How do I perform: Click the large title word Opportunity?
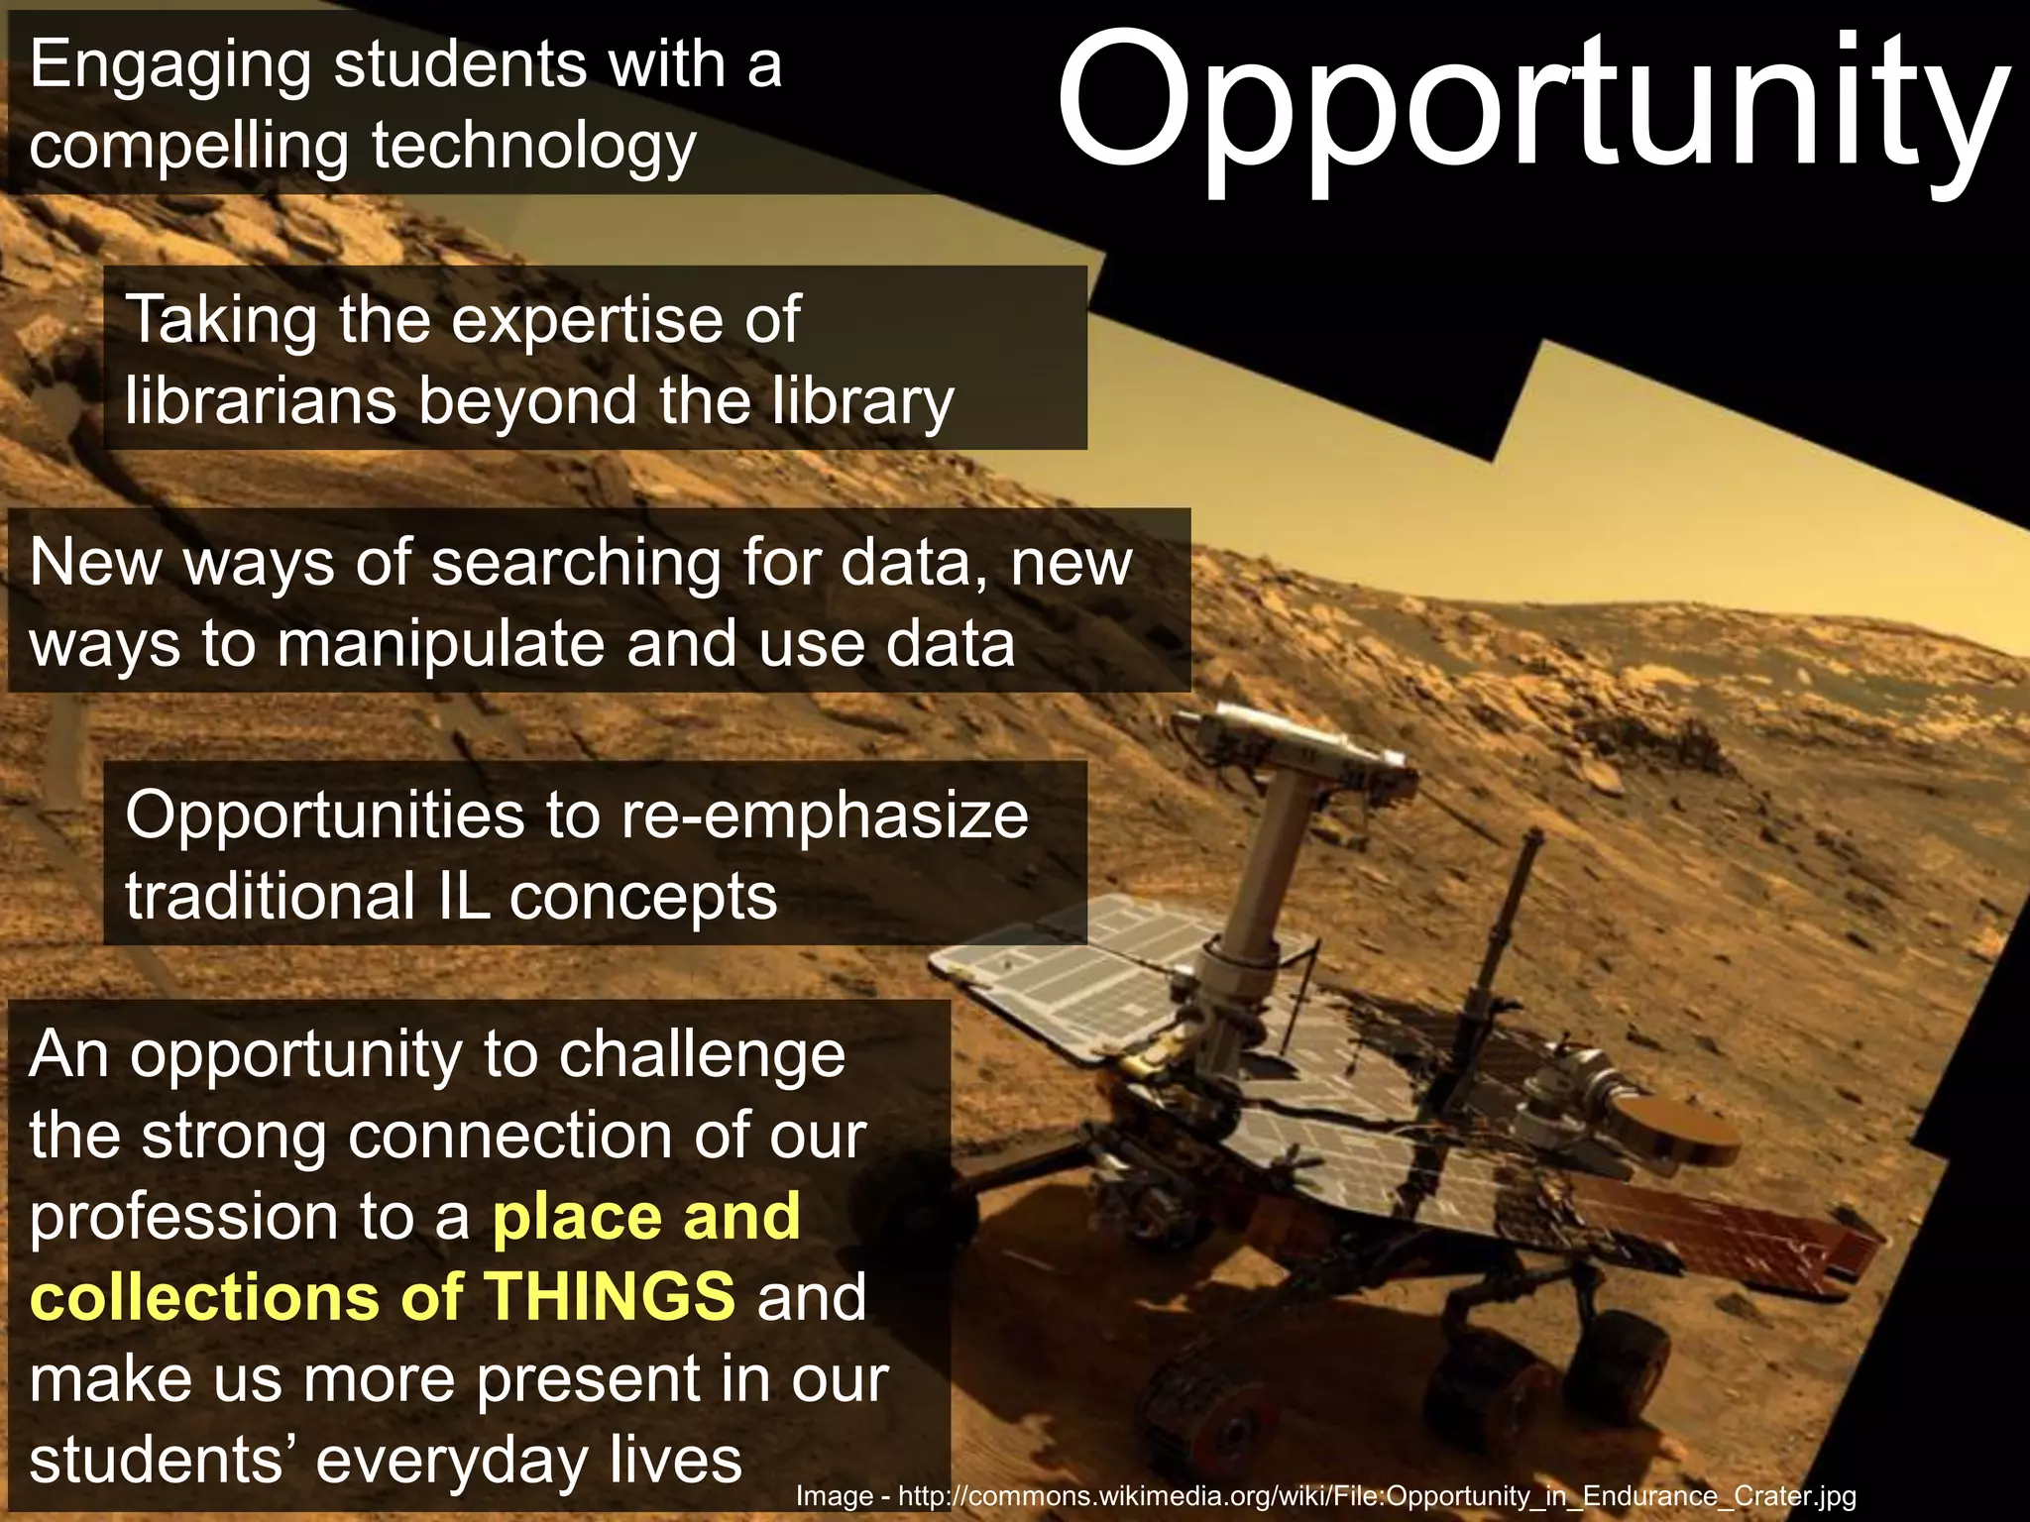[1531, 104]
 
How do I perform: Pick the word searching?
[576, 563]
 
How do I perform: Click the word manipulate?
[440, 644]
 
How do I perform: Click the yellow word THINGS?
[611, 1298]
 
